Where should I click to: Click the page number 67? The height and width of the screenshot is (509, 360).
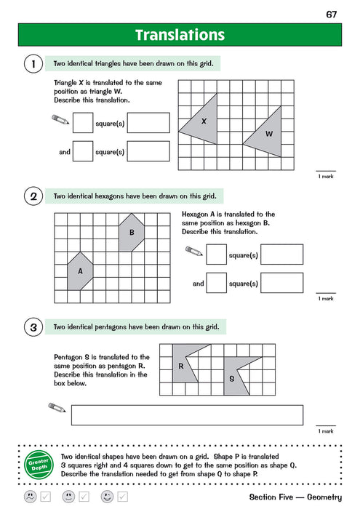(x=332, y=14)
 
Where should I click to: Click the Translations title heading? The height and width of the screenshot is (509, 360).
(x=180, y=35)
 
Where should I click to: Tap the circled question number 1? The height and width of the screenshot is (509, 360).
(x=32, y=65)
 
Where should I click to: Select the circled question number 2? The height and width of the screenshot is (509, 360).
(x=32, y=196)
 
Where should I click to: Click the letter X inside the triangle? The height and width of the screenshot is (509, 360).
(x=204, y=121)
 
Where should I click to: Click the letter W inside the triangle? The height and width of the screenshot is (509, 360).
(x=268, y=134)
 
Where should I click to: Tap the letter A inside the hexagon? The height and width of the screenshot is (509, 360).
(x=80, y=270)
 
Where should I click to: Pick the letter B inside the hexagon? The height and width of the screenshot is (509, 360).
(x=132, y=233)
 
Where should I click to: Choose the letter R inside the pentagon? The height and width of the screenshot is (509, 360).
(x=180, y=366)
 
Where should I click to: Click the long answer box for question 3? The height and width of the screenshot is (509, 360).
(x=187, y=414)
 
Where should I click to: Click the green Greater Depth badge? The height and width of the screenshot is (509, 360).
(x=37, y=462)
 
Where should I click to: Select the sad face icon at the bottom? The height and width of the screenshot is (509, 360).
(x=30, y=497)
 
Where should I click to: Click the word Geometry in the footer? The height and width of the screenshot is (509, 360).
(x=320, y=497)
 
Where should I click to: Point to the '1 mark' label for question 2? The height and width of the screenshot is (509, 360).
(x=325, y=298)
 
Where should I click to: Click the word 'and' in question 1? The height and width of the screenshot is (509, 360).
(x=65, y=153)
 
